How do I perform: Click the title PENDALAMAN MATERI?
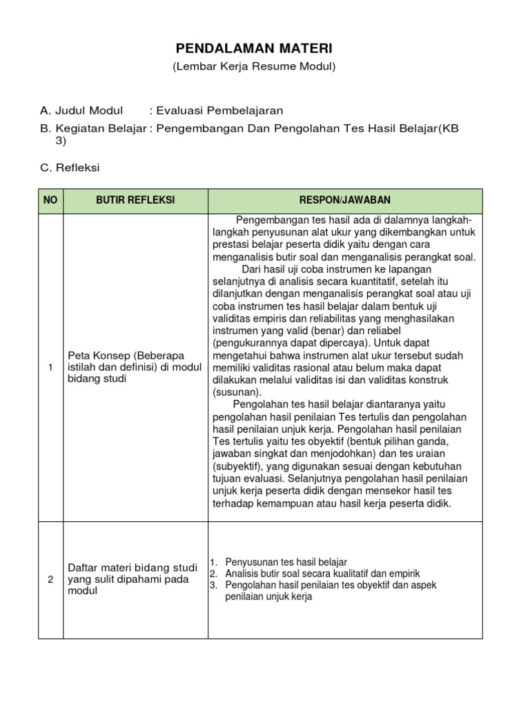coord(253,49)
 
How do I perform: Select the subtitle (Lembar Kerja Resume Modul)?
coord(253,67)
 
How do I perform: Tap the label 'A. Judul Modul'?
coord(81,110)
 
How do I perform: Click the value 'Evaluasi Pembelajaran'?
coord(219,110)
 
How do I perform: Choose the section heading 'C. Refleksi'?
coord(70,168)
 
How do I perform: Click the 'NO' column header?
coord(50,200)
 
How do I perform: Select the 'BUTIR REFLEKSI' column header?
coord(135,200)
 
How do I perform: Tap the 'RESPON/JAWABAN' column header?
coord(344,200)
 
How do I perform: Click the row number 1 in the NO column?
coord(50,367)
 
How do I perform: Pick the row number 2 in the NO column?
coord(50,579)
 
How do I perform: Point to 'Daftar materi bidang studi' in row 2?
coord(127,568)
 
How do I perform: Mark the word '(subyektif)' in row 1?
coord(236,466)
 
